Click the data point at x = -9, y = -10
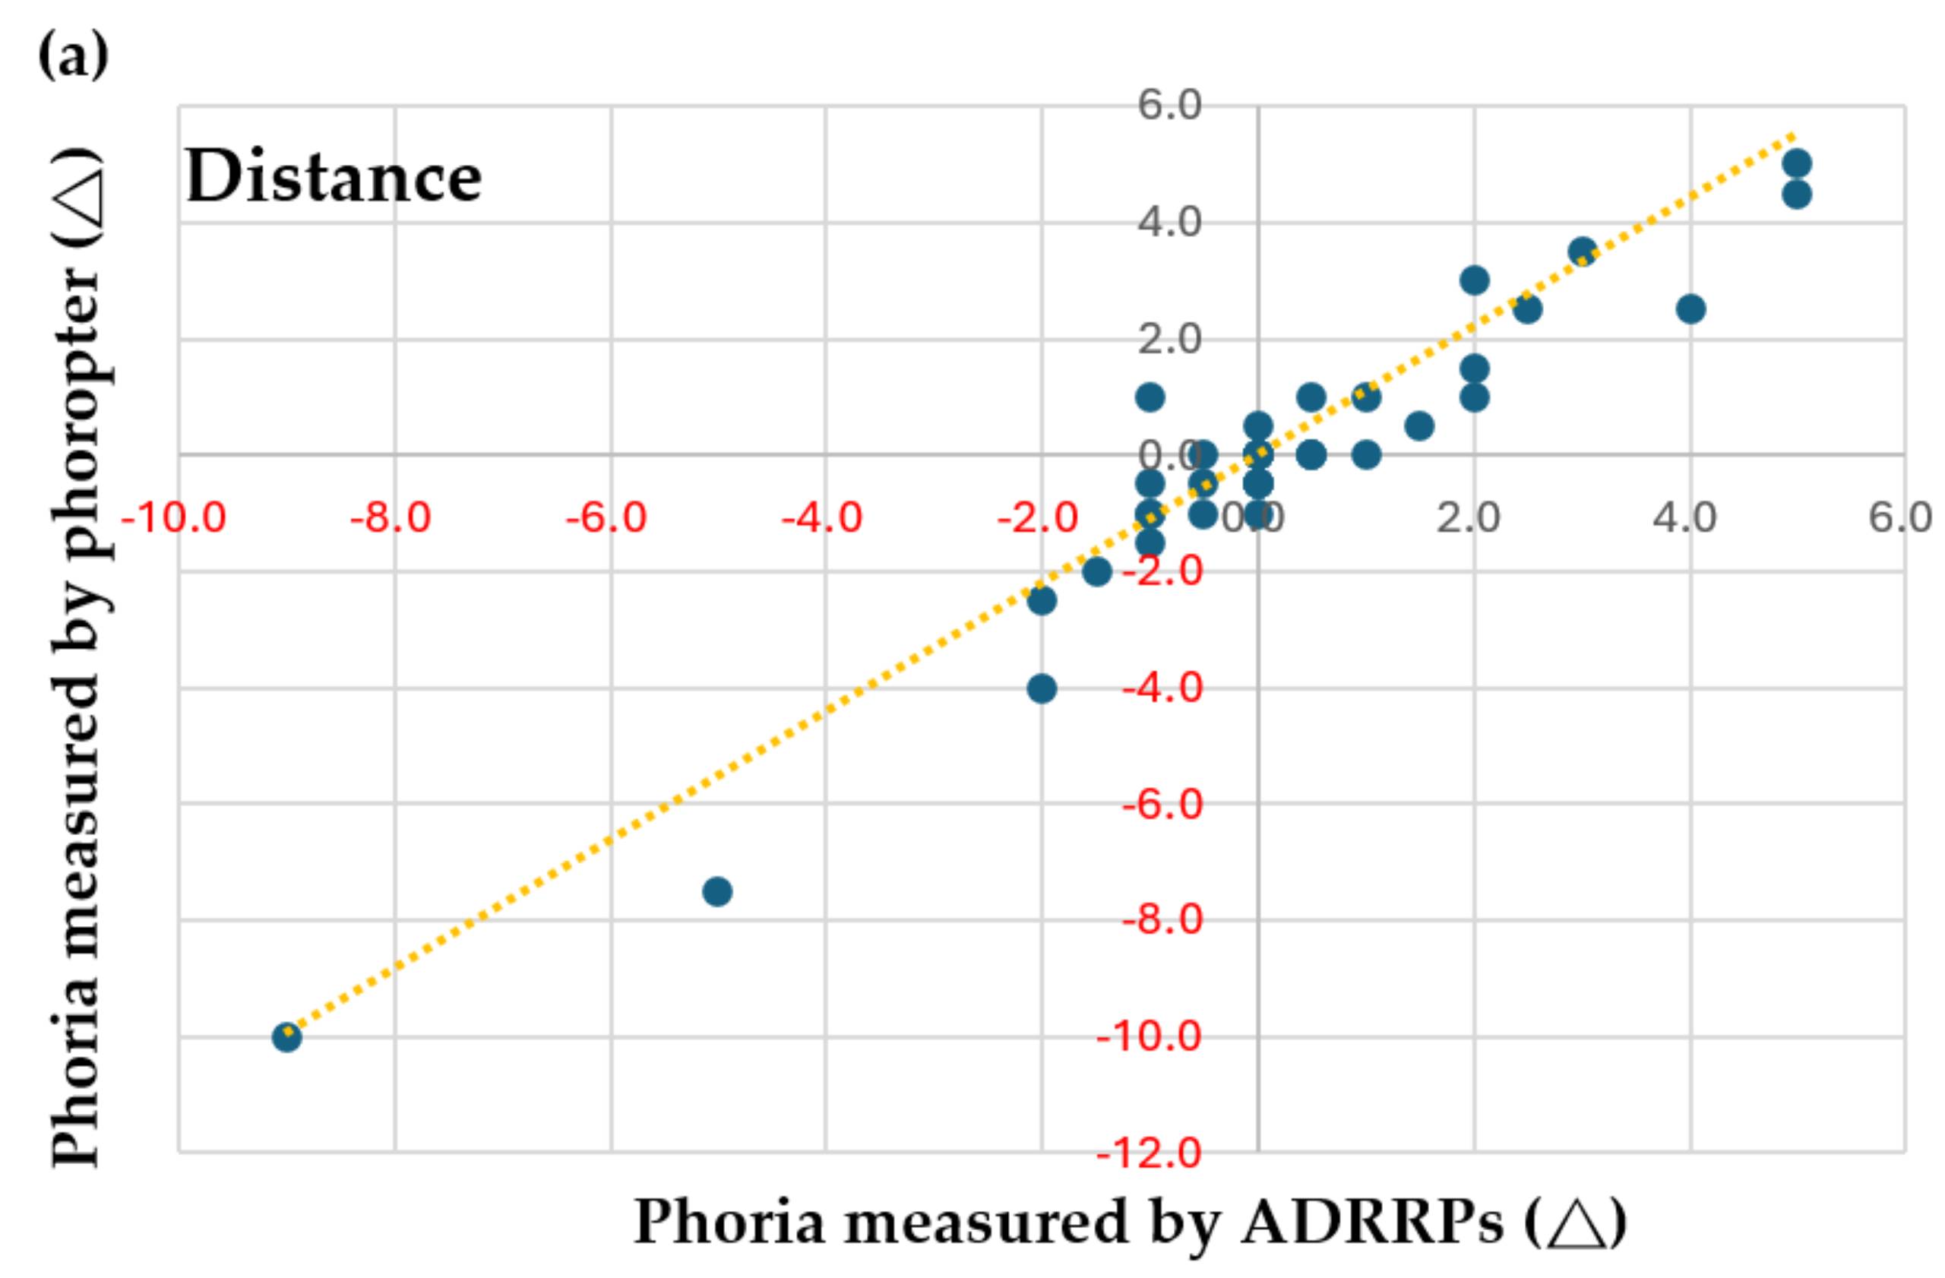pos(286,1038)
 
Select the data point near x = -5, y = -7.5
pos(716,891)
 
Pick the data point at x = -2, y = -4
pos(1041,689)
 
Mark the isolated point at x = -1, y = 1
pos(1149,398)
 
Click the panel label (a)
pos(74,55)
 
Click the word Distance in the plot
pos(334,178)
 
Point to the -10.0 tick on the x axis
pos(173,518)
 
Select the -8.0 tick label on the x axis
pos(390,518)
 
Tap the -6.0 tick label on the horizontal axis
pos(606,518)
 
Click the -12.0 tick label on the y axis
pos(1149,1154)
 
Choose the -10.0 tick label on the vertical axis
pos(1149,1038)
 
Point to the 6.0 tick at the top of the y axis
pos(1169,106)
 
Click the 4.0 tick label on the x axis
pos(1685,518)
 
